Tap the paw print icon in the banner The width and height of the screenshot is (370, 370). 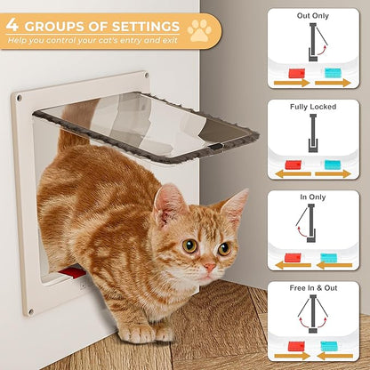click(200, 29)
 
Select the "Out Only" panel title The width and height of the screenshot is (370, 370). click(313, 15)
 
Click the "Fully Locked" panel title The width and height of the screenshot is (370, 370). click(313, 107)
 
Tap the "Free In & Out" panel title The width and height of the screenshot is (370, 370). click(313, 289)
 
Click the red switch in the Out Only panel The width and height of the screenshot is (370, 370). click(296, 72)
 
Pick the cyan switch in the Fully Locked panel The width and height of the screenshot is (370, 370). click(332, 164)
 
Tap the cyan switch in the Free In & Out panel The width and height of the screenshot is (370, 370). click(332, 346)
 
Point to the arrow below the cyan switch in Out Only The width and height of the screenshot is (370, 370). click(334, 84)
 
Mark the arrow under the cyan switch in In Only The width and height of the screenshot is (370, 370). click(334, 265)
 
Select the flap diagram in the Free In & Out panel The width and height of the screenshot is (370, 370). click(313, 317)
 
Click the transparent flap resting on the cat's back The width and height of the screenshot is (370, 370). click(151, 125)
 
